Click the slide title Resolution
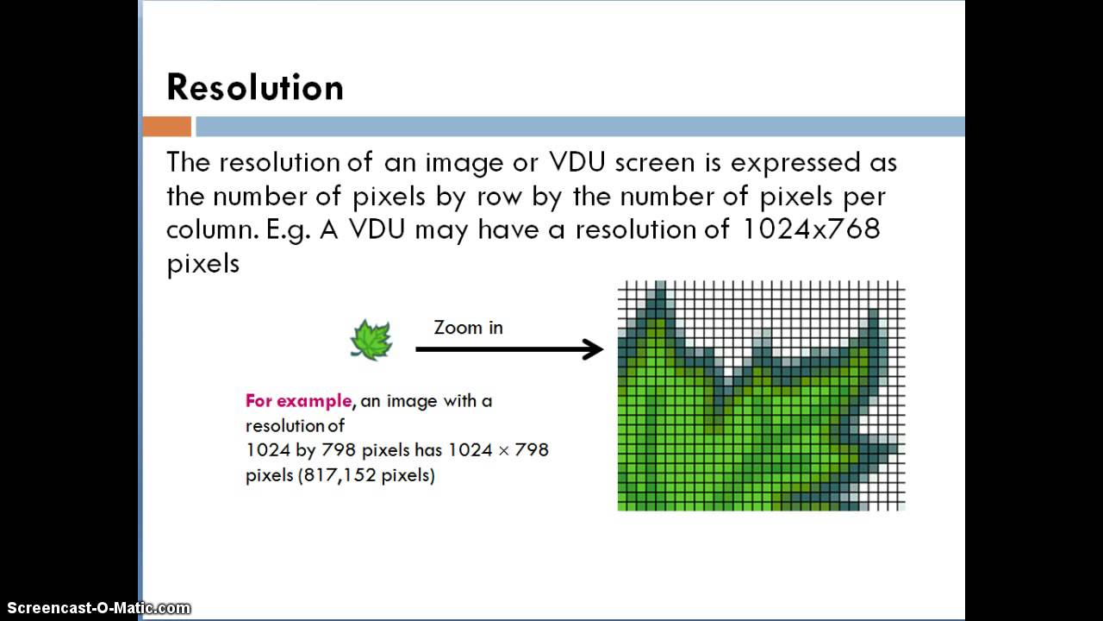(254, 88)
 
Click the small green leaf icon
(371, 339)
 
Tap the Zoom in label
(468, 328)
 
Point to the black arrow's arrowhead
(594, 349)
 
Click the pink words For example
(298, 401)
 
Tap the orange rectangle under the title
(166, 127)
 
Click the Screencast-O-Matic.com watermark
(96, 608)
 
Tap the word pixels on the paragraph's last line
(203, 263)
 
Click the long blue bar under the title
(580, 127)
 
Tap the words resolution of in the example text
(295, 425)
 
